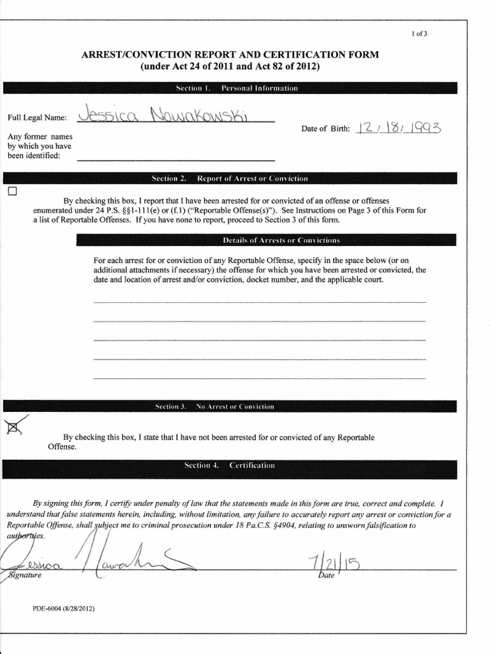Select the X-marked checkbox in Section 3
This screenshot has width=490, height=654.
12,429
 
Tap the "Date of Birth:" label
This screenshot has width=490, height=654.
325,129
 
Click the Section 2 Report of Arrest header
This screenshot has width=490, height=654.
230,178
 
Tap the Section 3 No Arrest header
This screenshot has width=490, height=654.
230,406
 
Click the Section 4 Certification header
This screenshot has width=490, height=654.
230,466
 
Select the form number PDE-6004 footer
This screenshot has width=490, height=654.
64,609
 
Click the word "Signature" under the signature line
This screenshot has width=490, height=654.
24,575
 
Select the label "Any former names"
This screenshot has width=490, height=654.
40,137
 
